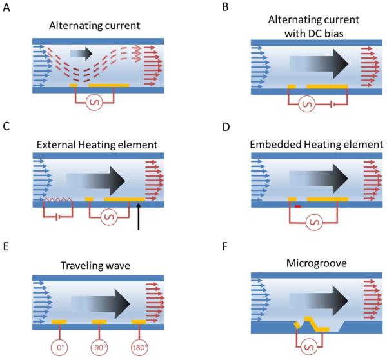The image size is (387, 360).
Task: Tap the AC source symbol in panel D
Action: click(x=314, y=223)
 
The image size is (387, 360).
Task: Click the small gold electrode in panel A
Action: click(x=74, y=85)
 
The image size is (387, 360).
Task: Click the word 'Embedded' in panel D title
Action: click(x=272, y=143)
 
